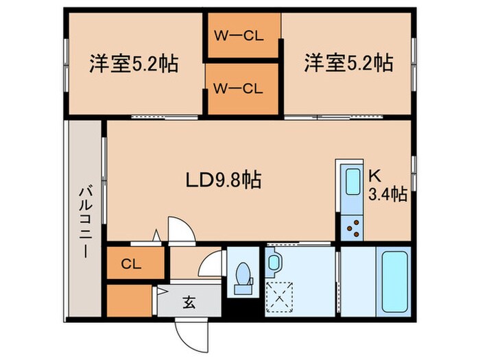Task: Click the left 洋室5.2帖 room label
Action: click(x=133, y=64)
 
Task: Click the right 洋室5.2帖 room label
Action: click(x=348, y=64)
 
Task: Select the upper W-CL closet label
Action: click(x=238, y=37)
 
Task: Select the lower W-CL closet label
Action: click(x=238, y=88)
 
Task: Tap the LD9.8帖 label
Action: click(x=223, y=180)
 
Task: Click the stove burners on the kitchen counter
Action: click(x=353, y=225)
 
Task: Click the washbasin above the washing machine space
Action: click(x=274, y=262)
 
